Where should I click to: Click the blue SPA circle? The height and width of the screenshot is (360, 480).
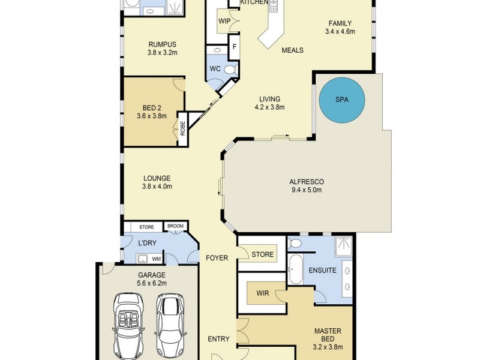(341, 100)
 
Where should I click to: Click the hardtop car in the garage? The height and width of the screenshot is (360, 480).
(169, 324)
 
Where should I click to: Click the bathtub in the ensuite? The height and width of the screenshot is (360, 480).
(295, 270)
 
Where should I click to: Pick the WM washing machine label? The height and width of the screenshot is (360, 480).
(155, 259)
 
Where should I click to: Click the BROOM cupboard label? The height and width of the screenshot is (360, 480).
(175, 227)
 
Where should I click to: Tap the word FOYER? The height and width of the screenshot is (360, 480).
(217, 258)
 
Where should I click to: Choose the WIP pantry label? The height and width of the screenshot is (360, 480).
(224, 21)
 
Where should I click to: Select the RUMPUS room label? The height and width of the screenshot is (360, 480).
(162, 43)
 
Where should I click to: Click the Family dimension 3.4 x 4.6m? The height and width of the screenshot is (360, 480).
(340, 31)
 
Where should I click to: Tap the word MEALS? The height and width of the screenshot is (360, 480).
(292, 50)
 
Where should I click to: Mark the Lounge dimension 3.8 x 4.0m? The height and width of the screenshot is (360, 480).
(157, 187)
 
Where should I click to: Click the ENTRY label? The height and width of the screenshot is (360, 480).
(218, 339)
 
